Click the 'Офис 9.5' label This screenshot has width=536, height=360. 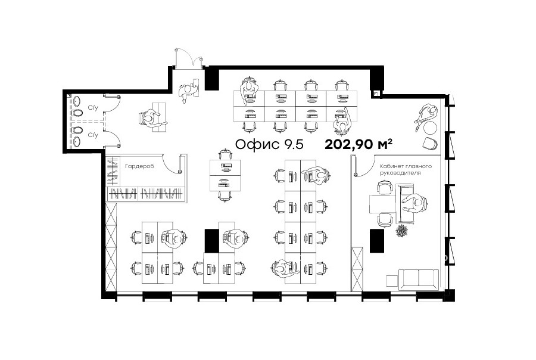tap(269, 144)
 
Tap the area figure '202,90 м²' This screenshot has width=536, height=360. tap(359, 144)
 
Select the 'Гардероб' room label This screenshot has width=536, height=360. tap(139, 166)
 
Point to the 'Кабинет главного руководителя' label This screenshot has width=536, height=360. tap(406, 169)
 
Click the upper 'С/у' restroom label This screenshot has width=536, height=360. tap(93, 108)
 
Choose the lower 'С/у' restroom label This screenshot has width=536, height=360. tap(93, 135)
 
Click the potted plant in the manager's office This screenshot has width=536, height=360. tap(401, 231)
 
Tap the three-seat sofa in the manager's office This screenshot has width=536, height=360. tap(419, 280)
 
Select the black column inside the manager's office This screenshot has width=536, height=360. tap(377, 241)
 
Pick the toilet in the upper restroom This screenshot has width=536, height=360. tap(77, 113)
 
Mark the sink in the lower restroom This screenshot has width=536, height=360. tap(77, 141)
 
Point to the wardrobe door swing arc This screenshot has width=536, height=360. tap(168, 166)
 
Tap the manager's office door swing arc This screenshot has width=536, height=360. tap(366, 169)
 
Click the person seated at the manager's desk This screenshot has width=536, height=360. tap(415, 203)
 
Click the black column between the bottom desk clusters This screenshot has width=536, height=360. tap(211, 241)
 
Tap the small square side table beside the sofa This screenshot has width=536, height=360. tap(392, 281)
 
